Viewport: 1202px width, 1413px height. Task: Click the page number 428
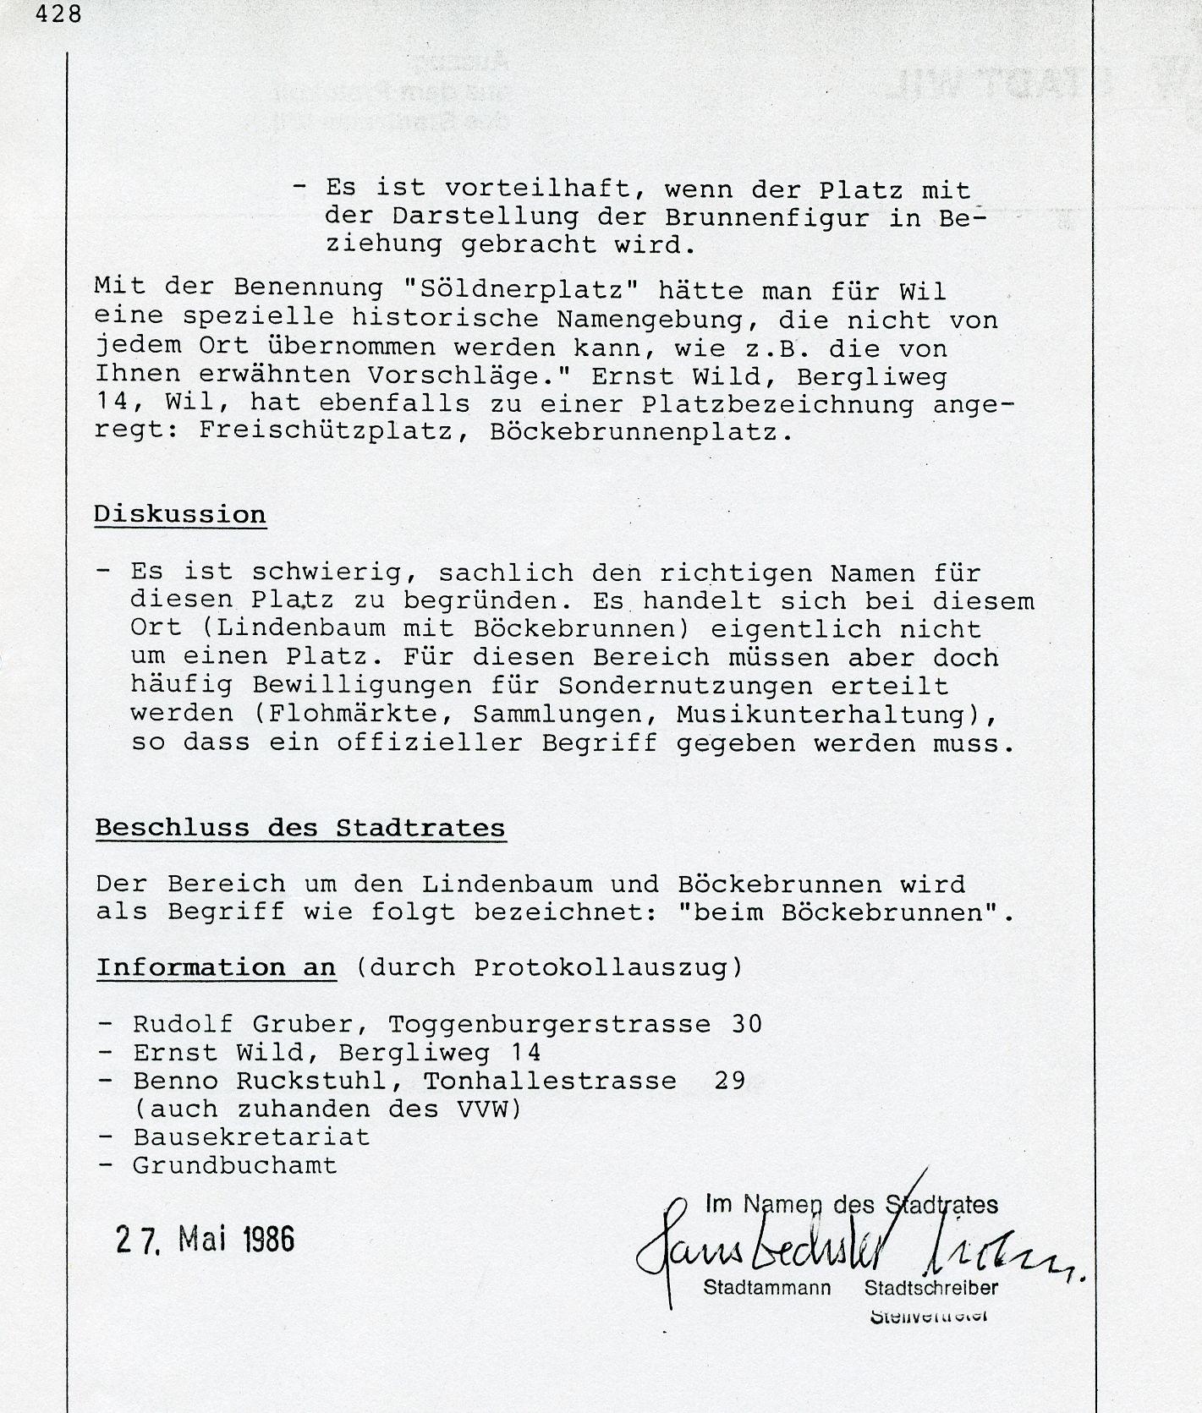(x=58, y=14)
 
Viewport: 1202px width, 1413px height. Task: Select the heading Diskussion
(x=179, y=514)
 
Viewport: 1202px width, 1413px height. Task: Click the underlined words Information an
(x=216, y=967)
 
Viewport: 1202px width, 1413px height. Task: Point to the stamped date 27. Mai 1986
(x=205, y=1239)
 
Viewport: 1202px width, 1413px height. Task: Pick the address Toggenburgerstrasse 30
(x=575, y=1024)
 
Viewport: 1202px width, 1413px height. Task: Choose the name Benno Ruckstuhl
(x=268, y=1081)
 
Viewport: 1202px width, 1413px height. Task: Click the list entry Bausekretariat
(x=251, y=1136)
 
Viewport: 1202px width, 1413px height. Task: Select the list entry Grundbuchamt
(x=234, y=1165)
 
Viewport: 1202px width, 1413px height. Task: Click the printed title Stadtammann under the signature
(x=766, y=1288)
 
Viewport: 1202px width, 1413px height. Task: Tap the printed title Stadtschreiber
(x=930, y=1288)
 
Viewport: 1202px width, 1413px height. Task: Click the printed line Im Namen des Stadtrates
(x=851, y=1204)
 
